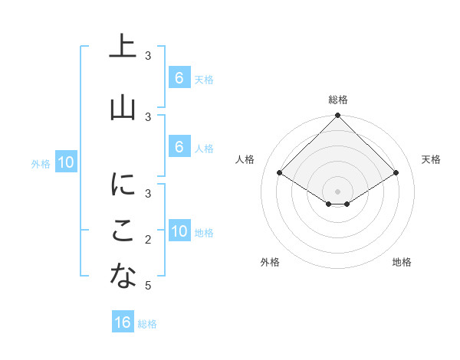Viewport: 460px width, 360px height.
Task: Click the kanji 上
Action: click(x=123, y=47)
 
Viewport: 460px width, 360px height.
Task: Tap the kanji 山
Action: click(x=123, y=108)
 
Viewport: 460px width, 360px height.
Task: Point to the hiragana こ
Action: click(x=123, y=231)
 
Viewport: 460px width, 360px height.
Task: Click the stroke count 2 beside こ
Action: click(x=148, y=240)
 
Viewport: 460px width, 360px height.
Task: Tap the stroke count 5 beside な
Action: click(x=148, y=286)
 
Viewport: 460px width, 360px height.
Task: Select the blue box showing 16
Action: click(x=123, y=322)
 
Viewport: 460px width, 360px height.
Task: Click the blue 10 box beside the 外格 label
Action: click(x=66, y=162)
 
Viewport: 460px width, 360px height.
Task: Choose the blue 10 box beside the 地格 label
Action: click(x=179, y=231)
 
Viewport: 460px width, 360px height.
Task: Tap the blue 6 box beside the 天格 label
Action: click(x=179, y=78)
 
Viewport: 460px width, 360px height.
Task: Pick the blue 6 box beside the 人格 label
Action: click(x=179, y=147)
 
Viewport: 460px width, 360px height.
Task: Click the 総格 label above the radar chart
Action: click(x=338, y=100)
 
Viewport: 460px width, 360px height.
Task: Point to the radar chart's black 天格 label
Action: click(x=431, y=159)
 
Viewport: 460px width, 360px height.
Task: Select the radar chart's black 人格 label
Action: click(x=245, y=159)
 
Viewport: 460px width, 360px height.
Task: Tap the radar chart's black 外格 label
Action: click(x=270, y=262)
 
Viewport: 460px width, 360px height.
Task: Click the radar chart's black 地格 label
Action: click(x=402, y=262)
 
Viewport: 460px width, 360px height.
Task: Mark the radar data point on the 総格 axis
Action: click(x=338, y=116)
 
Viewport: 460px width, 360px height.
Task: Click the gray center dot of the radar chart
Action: click(x=338, y=191)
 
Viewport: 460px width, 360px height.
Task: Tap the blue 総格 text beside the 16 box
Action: click(x=147, y=324)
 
